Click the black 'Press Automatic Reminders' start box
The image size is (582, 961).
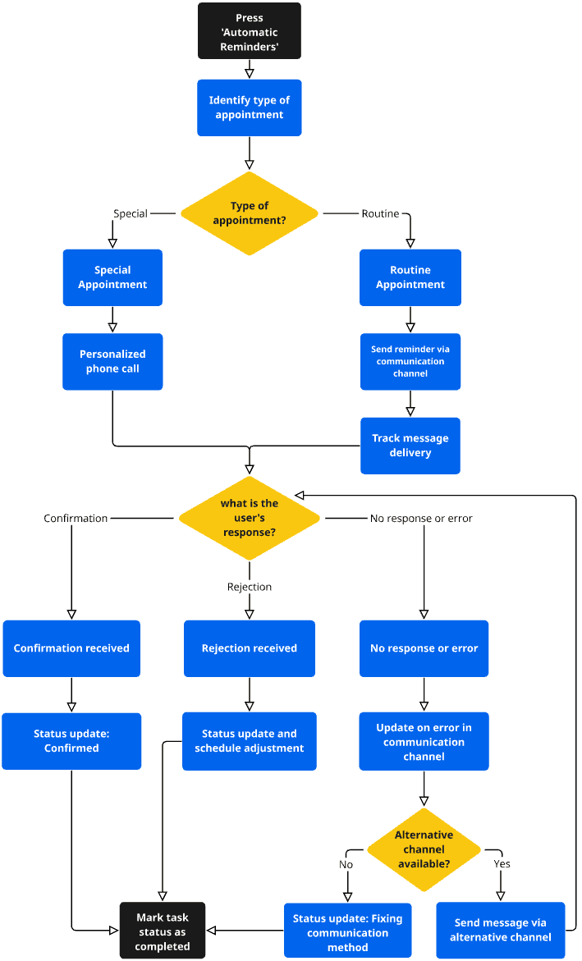249,31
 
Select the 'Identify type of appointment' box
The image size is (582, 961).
249,108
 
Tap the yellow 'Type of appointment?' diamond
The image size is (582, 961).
249,213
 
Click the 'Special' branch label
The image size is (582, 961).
130,213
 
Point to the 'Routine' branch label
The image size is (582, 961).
380,213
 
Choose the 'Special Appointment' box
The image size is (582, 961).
112,277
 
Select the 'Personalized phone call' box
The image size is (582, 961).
112,362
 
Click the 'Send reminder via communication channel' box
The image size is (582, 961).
410,362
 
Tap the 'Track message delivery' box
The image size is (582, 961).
410,446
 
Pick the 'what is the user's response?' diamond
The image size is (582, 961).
249,518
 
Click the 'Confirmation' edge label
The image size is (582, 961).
76,518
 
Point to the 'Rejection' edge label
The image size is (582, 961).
249,587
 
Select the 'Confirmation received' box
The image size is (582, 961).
71,648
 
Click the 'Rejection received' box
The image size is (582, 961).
249,648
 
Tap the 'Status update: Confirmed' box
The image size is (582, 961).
71,741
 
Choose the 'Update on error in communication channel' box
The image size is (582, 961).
424,741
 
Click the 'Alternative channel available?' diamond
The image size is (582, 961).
424,849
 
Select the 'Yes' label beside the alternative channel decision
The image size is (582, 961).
502,863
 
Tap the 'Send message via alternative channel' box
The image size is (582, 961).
501,930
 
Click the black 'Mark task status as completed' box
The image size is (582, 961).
162,931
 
